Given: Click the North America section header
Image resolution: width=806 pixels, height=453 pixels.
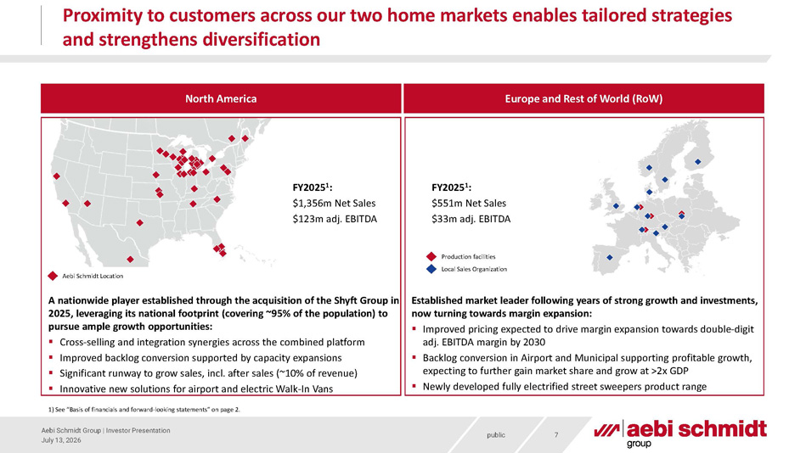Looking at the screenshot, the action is click(x=221, y=98).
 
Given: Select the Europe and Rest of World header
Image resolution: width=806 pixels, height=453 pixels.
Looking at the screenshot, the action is click(x=583, y=98).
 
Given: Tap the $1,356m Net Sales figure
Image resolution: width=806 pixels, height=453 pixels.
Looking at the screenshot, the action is click(x=334, y=204).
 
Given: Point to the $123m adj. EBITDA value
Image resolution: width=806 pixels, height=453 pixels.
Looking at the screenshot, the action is click(x=335, y=220).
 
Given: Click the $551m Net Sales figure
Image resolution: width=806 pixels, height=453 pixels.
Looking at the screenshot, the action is click(x=469, y=204).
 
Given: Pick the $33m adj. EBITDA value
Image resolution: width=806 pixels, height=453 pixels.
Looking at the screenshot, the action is click(x=471, y=220).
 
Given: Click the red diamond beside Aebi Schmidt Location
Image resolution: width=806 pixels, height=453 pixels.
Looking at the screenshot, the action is click(x=53, y=276).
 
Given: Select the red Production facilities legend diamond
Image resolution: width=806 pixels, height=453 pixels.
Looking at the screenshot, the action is click(x=431, y=256).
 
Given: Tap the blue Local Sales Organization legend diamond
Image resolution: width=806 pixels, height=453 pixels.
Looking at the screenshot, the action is click(x=431, y=269).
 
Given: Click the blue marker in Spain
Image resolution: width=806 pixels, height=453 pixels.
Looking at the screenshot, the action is click(x=610, y=257).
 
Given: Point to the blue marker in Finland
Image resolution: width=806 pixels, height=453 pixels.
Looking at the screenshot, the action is click(x=697, y=162).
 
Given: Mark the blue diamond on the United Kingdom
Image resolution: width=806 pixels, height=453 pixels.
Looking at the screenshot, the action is click(x=616, y=206).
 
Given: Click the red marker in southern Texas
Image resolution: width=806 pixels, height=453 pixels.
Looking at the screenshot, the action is click(x=130, y=260).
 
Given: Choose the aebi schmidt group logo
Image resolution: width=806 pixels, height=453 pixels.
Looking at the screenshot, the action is click(x=680, y=433).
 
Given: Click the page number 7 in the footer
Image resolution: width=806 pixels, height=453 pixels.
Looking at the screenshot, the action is click(x=556, y=435).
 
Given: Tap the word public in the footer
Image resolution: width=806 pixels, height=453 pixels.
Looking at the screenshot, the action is click(x=496, y=435).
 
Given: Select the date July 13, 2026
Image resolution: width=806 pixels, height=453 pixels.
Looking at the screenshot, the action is click(x=61, y=440).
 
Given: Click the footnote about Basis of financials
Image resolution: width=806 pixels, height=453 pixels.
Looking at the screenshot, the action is click(x=144, y=410).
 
